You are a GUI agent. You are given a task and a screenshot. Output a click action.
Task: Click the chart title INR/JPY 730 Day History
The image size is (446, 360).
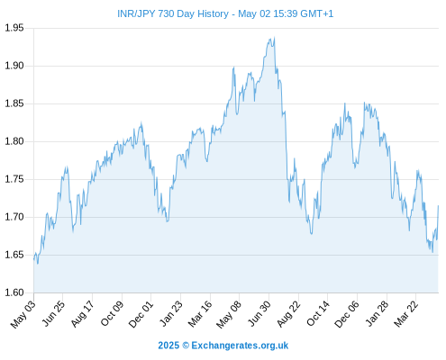pyautogui.click(x=173, y=13)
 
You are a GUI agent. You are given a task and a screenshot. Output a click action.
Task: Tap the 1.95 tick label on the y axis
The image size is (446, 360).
pyautogui.click(x=14, y=28)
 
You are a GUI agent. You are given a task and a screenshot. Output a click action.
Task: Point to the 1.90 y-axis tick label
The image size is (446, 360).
pyautogui.click(x=14, y=66)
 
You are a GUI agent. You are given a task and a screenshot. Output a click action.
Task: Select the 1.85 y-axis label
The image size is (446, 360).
pyautogui.click(x=14, y=103)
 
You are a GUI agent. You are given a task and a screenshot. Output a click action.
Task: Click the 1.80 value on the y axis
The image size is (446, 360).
pyautogui.click(x=14, y=141)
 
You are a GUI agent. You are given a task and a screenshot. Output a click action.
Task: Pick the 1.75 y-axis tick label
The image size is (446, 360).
pyautogui.click(x=14, y=179)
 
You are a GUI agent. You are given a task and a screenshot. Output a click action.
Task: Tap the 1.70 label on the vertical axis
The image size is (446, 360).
pyautogui.click(x=14, y=217)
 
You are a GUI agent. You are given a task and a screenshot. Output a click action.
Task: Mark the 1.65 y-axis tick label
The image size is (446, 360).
pyautogui.click(x=14, y=255)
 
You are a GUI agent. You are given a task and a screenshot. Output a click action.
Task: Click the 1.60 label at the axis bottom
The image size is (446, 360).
pyautogui.click(x=14, y=292)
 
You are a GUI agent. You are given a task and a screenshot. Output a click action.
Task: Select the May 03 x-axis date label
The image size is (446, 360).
pyautogui.click(x=23, y=314)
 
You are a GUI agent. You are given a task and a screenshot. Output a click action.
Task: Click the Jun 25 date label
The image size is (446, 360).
pyautogui.click(x=53, y=313)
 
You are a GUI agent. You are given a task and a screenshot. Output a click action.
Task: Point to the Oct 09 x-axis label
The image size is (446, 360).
pyautogui.click(x=112, y=313)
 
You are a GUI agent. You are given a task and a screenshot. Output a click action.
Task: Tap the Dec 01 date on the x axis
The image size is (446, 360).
pyautogui.click(x=141, y=314)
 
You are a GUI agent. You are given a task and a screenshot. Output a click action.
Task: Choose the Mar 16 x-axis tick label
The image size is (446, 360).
pyautogui.click(x=200, y=314)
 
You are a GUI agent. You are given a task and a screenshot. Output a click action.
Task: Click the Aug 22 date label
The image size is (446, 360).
pyautogui.click(x=288, y=314)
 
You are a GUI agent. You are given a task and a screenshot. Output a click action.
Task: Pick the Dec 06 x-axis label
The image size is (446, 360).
pyautogui.click(x=347, y=314)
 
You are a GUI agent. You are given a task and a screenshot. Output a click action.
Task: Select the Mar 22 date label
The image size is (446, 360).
pyautogui.click(x=406, y=314)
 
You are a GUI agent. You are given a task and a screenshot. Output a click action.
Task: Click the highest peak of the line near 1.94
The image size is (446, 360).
pyautogui.click(x=274, y=38)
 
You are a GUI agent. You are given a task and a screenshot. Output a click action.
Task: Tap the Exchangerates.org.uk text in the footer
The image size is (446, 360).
pyautogui.click(x=240, y=346)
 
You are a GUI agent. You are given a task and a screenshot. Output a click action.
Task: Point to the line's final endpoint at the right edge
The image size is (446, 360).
pyautogui.click(x=438, y=206)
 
